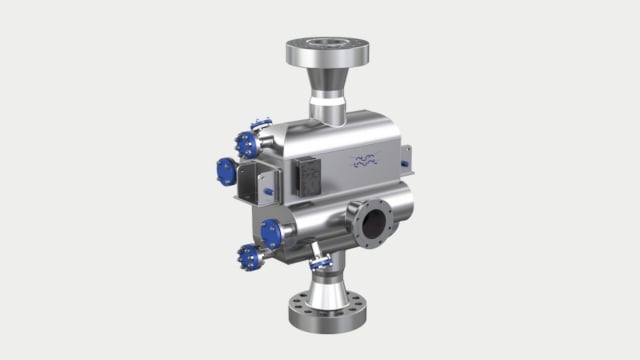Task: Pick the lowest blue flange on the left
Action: [249, 257]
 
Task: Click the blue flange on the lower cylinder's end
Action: [270, 234]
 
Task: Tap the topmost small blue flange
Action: [262, 126]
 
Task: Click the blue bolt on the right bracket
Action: [405, 161]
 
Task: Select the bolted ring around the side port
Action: [375, 220]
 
